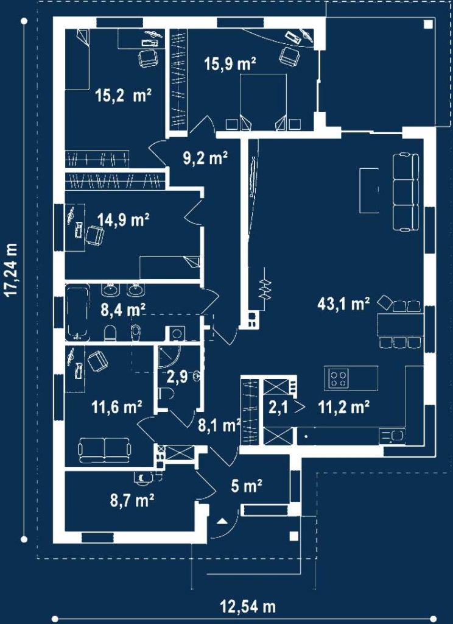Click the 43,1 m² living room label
click(x=343, y=304)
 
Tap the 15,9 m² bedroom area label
click(x=230, y=63)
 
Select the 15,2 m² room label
click(x=123, y=96)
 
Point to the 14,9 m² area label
click(x=124, y=219)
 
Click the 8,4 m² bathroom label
click(x=123, y=309)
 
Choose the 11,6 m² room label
click(x=117, y=407)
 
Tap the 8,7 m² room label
click(x=132, y=500)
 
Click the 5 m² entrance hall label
click(x=247, y=486)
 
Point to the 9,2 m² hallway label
click(x=205, y=158)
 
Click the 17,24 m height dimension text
click(x=12, y=270)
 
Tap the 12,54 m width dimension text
click(x=248, y=607)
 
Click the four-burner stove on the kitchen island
click(x=338, y=378)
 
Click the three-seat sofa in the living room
click(x=406, y=192)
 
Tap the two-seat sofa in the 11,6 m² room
click(x=105, y=450)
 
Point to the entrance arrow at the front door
click(x=223, y=521)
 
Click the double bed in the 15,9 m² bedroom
click(x=264, y=102)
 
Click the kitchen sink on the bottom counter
click(x=392, y=436)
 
